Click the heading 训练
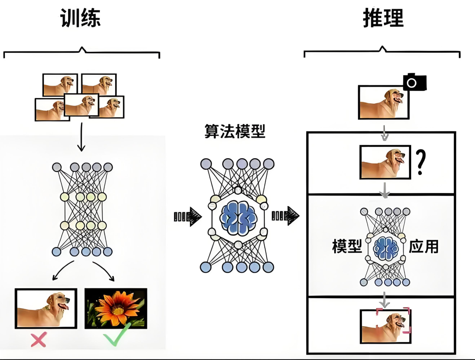pyautogui.click(x=80, y=18)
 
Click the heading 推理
pyautogui.click(x=383, y=18)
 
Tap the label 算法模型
pyautogui.click(x=235, y=131)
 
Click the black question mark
pyautogui.click(x=420, y=163)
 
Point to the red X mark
pyautogui.click(x=38, y=339)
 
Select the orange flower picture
pyautogui.click(x=115, y=308)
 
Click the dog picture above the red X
pyautogui.click(x=46, y=308)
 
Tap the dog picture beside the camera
pyautogui.click(x=384, y=102)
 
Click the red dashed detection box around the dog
pyautogui.click(x=393, y=320)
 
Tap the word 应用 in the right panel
pyautogui.click(x=424, y=247)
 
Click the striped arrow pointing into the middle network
pyautogui.click(x=187, y=216)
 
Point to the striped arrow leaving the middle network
pyautogui.click(x=285, y=216)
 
